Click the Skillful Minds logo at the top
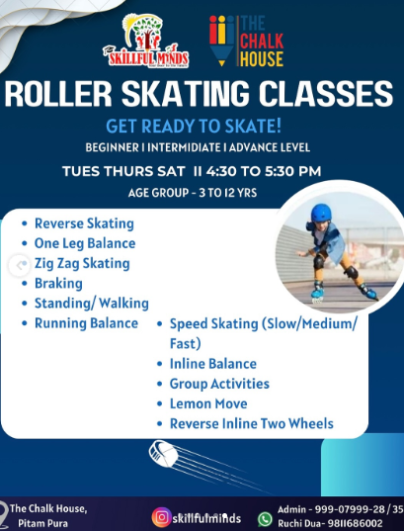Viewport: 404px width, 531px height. pos(145,41)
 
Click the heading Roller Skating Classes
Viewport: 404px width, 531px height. pos(199,95)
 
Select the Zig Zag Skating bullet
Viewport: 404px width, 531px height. pos(82,263)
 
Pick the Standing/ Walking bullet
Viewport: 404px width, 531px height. pos(91,303)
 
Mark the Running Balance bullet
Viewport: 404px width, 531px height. pos(86,323)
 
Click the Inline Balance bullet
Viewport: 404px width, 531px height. pos(212,364)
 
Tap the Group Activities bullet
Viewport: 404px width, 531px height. pos(219,384)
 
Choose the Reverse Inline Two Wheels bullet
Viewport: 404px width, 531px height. pos(251,423)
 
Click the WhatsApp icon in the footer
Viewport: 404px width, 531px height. pos(265,518)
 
